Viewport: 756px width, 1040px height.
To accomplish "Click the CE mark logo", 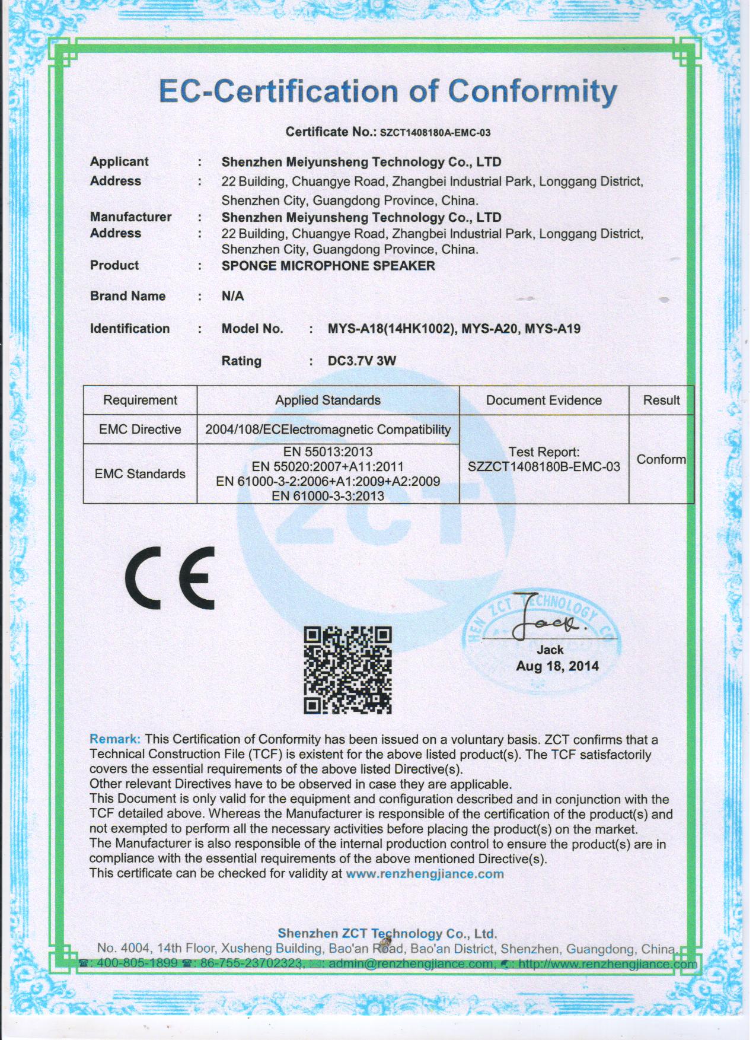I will click(x=170, y=578).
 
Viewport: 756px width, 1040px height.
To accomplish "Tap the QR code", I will click(x=348, y=670).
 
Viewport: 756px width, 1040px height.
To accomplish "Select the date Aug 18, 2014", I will click(x=557, y=666).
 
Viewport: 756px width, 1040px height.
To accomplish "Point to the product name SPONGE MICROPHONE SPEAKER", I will click(x=328, y=266).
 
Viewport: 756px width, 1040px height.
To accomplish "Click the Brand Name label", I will click(x=127, y=296).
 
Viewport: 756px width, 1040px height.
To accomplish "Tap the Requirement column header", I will click(x=140, y=400).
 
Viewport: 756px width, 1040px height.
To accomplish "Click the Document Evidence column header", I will click(x=544, y=400).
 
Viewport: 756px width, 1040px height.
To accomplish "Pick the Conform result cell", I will click(x=661, y=459).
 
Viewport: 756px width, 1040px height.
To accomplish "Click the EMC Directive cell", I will click(x=140, y=430).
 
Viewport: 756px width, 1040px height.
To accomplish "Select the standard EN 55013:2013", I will click(x=328, y=452).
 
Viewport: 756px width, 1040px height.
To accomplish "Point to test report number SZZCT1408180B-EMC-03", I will click(x=544, y=467).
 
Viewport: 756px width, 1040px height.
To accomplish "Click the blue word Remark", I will click(x=115, y=739).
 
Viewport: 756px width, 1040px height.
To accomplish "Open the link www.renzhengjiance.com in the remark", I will click(x=425, y=874).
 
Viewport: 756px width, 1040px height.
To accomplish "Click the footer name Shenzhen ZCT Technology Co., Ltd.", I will click(x=387, y=934).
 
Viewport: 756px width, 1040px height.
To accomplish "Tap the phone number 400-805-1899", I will click(x=136, y=963).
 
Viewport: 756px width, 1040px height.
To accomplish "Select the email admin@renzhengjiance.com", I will click(x=410, y=963).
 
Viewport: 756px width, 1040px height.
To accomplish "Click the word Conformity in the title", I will click(x=532, y=92).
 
